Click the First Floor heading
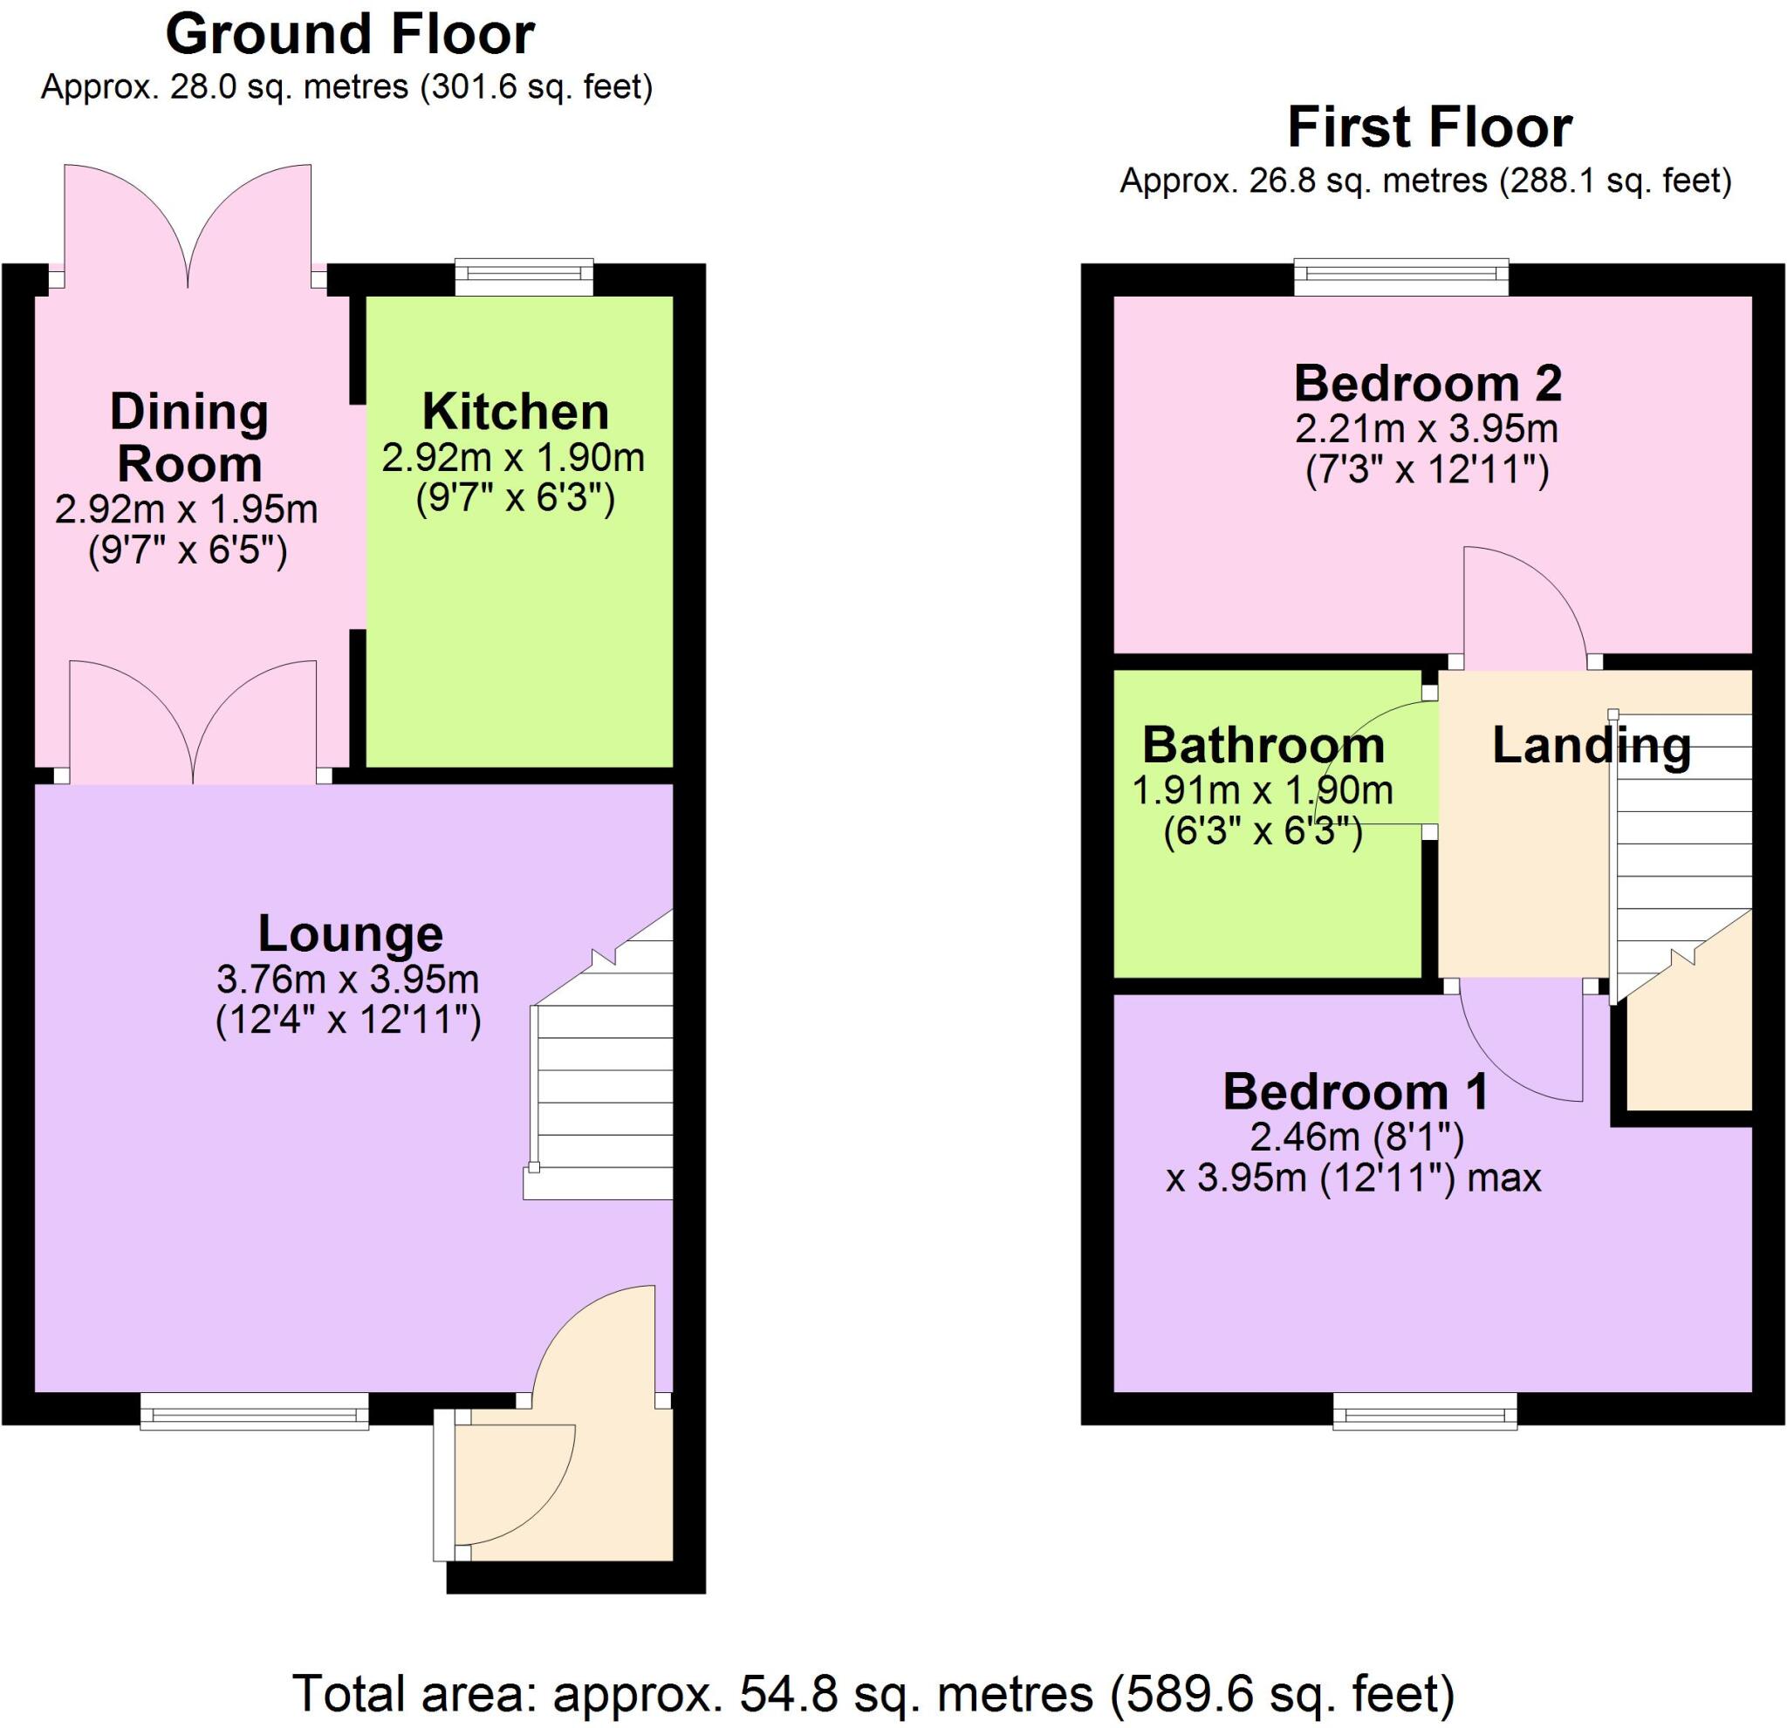point(1428,128)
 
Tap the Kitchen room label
point(515,412)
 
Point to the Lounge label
point(350,933)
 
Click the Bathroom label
point(1263,746)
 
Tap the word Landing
point(1591,746)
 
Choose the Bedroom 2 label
point(1428,384)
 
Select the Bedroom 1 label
point(1356,1092)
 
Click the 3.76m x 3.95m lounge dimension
point(347,980)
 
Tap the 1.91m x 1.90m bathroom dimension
point(1263,790)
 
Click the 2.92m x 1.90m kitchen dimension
point(513,458)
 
